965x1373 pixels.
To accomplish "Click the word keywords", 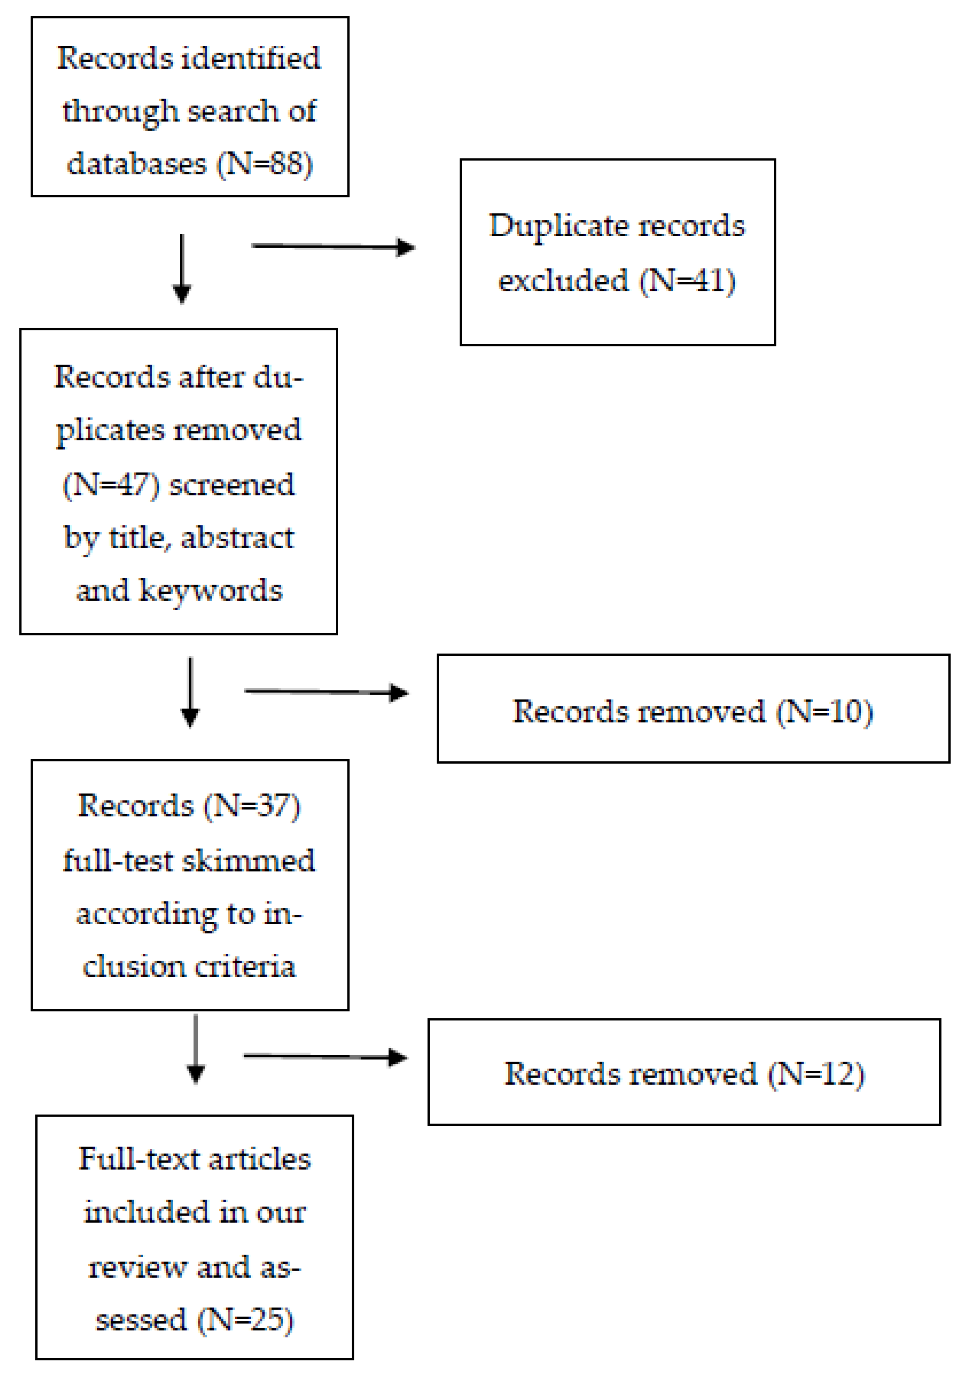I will pos(211,591).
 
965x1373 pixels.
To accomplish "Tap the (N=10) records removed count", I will pos(825,711).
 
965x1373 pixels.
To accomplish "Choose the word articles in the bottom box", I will pos(259,1159).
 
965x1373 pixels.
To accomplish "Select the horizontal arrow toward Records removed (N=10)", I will pos(326,692).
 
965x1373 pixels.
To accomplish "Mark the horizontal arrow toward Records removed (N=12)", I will pos(325,1057).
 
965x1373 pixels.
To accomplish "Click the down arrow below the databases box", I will pos(182,269).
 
